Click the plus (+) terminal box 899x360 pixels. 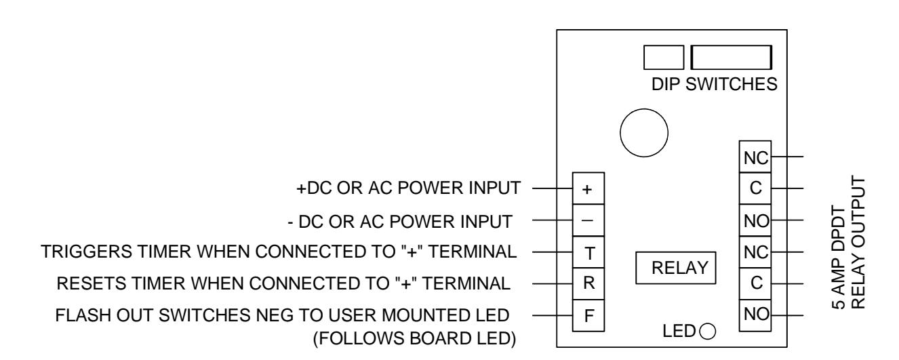pos(588,188)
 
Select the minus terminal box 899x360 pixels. pos(588,220)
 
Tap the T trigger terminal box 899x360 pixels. pos(588,252)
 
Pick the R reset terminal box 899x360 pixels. pos(588,284)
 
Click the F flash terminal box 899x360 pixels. pos(588,315)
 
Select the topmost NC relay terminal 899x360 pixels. pos(755,157)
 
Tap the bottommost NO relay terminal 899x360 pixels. pos(755,315)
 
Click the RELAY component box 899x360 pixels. pos(676,268)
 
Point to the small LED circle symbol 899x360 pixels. pos(708,332)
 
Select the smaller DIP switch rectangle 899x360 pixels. pos(664,57)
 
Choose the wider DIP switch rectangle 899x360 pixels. pos(732,57)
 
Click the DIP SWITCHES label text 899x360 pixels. pos(715,84)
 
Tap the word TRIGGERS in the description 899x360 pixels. pos(86,252)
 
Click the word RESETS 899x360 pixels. pos(92,283)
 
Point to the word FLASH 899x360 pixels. pos(83,315)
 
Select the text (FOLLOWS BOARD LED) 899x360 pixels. pos(414,339)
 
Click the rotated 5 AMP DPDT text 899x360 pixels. pos(839,257)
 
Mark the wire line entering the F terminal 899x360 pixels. pos(553,315)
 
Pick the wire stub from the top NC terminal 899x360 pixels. pos(787,157)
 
